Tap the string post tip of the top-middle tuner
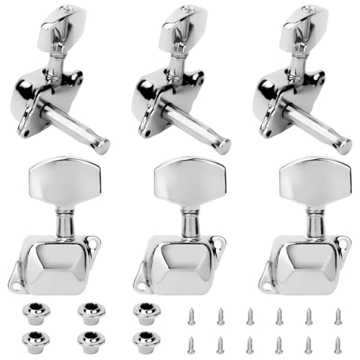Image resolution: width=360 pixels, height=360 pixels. pyautogui.click(x=224, y=146)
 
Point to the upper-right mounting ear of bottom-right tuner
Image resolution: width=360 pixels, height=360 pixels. pyautogui.click(x=344, y=244)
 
